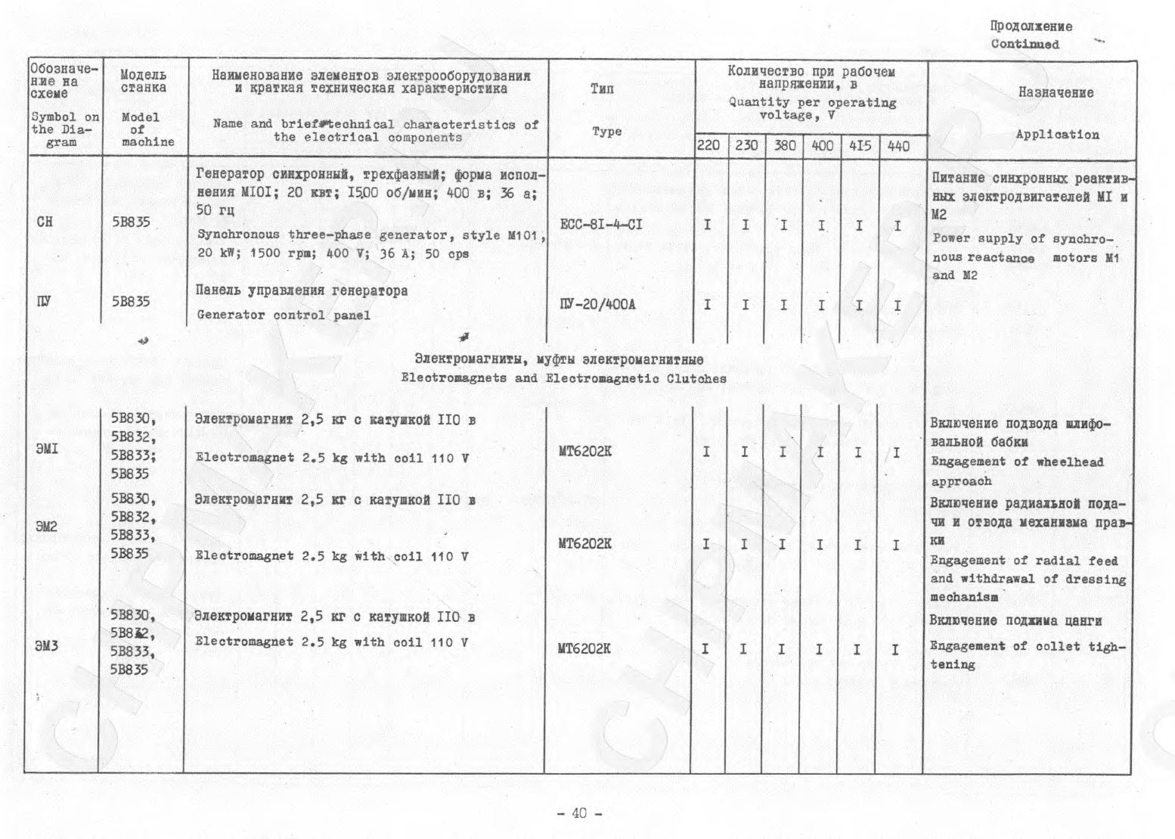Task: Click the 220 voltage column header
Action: [x=708, y=145]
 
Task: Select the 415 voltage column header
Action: [x=860, y=145]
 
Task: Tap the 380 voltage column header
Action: [x=784, y=145]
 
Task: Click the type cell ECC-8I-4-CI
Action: [x=601, y=225]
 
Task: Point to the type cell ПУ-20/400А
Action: [x=597, y=305]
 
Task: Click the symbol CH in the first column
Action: [x=45, y=222]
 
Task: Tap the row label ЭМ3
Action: [x=46, y=646]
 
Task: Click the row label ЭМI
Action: [x=46, y=449]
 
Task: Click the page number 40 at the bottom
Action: [x=579, y=813]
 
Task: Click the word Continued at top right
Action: [x=1025, y=44]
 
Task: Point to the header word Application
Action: [x=1057, y=135]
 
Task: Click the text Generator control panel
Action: [x=284, y=315]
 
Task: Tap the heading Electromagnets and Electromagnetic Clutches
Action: [x=563, y=378]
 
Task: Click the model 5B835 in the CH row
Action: [x=131, y=222]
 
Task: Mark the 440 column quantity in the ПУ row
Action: [x=897, y=306]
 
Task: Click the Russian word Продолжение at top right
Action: [x=1031, y=26]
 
